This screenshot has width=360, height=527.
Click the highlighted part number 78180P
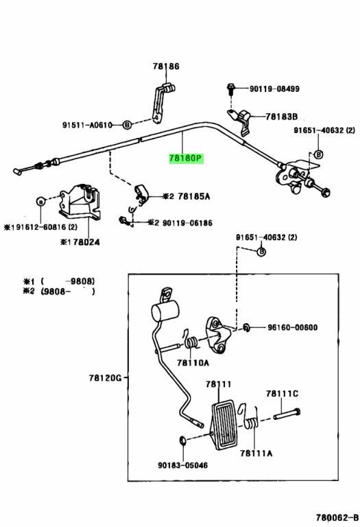click(187, 158)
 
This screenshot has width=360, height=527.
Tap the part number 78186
click(166, 66)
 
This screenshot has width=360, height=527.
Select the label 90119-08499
click(274, 89)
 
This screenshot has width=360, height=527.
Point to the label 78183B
click(281, 117)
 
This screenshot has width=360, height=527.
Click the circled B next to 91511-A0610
click(127, 125)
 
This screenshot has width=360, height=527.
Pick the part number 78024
click(86, 242)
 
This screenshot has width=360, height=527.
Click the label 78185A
click(194, 196)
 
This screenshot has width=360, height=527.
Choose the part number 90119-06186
click(187, 223)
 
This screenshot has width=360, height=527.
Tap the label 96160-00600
click(293, 327)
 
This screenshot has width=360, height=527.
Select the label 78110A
click(193, 362)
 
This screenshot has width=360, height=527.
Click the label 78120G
click(105, 378)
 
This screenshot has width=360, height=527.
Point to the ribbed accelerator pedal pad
click(224, 424)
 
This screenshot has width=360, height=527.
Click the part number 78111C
click(282, 393)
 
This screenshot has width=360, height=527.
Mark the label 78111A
click(256, 454)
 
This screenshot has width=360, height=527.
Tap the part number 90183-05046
click(182, 465)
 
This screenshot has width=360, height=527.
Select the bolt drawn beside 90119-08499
click(230, 89)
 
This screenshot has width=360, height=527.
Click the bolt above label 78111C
click(287, 414)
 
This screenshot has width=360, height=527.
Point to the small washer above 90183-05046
click(182, 440)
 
